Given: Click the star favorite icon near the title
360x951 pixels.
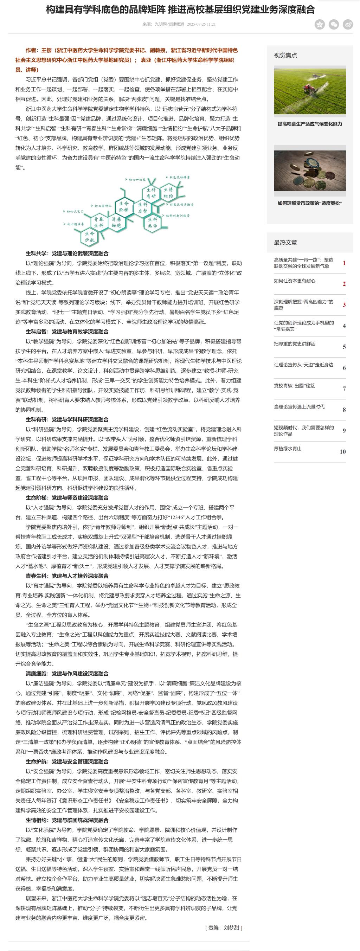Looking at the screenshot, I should pyautogui.click(x=319, y=24).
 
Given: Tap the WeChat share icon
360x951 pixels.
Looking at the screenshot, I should pyautogui.click(x=334, y=24).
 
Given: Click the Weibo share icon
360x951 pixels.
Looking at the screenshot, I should pyautogui.click(x=348, y=24).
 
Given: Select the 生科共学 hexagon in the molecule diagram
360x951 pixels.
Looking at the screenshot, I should pyautogui.click(x=153, y=223).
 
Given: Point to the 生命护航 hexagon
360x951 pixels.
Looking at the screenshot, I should pyautogui.click(x=89, y=237).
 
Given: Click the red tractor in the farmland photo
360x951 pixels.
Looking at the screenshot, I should pyautogui.click(x=308, y=89).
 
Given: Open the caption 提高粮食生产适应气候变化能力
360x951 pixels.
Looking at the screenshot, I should pyautogui.click(x=310, y=124).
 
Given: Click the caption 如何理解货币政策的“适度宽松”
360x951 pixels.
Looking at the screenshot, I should pyautogui.click(x=310, y=203).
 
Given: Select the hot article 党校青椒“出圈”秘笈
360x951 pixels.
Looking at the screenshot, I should pyautogui.click(x=294, y=386).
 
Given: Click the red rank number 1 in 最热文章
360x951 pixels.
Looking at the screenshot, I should pyautogui.click(x=344, y=263).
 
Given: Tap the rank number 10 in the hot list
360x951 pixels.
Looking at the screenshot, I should pyautogui.click(x=343, y=451).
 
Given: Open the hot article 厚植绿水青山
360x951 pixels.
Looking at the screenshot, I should pyautogui.click(x=288, y=449).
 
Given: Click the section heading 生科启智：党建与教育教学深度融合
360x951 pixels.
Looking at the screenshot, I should pyautogui.click(x=67, y=332).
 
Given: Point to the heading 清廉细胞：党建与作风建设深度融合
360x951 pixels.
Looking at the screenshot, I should pyautogui.click(x=67, y=674).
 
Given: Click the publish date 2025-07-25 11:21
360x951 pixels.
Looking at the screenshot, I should pyautogui.click(x=201, y=24).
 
